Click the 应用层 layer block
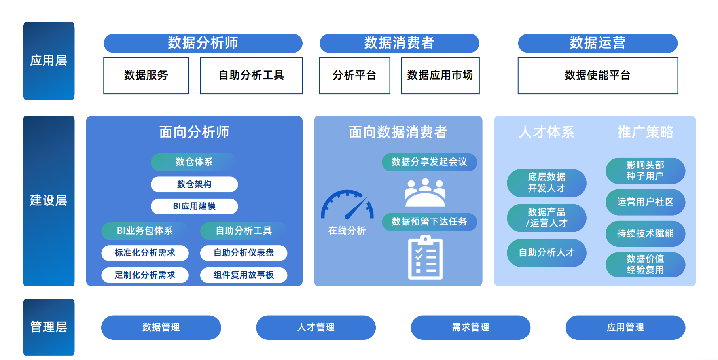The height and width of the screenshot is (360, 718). pyautogui.click(x=49, y=61)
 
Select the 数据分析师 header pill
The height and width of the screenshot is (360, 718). pyautogui.click(x=203, y=43)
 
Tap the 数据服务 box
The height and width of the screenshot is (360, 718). pyautogui.click(x=146, y=76)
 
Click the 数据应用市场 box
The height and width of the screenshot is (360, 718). pyautogui.click(x=440, y=76)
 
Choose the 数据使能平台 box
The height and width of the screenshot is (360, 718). pyautogui.click(x=597, y=76)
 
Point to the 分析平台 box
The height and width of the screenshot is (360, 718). pyautogui.click(x=354, y=76)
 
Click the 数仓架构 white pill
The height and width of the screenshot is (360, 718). pyautogui.click(x=194, y=184)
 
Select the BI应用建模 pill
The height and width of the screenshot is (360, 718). pyautogui.click(x=194, y=206)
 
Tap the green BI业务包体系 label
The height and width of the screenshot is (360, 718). pyautogui.click(x=145, y=231)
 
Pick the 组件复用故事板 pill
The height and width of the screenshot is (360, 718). pyautogui.click(x=244, y=275)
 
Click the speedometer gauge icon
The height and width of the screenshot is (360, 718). pyautogui.click(x=347, y=205)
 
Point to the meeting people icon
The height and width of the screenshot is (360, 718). pyautogui.click(x=425, y=192)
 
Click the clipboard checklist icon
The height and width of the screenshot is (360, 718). pyautogui.click(x=425, y=258)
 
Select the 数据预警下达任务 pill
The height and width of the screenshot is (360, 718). pyautogui.click(x=429, y=222)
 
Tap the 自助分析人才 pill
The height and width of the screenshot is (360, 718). pyautogui.click(x=546, y=253)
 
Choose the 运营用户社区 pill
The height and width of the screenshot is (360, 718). pyautogui.click(x=645, y=202)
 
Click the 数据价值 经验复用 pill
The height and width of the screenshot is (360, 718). pyautogui.click(x=645, y=265)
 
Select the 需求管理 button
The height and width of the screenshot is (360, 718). pyautogui.click(x=470, y=328)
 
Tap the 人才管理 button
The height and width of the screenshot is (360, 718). pyautogui.click(x=316, y=328)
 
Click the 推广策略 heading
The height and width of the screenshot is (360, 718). pyautogui.click(x=645, y=132)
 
